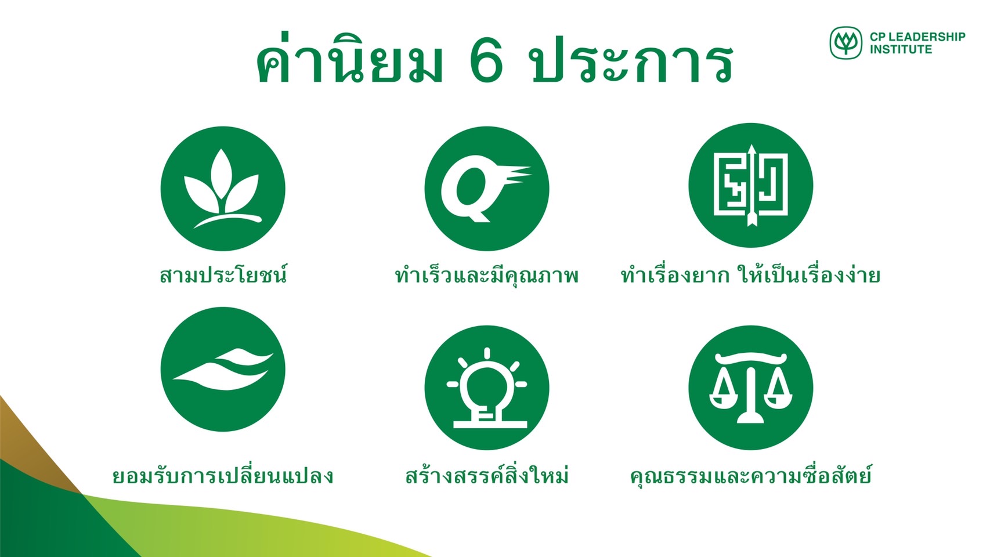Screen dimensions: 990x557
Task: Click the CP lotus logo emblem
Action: (846, 43)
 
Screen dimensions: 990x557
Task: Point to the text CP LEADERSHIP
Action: (917, 37)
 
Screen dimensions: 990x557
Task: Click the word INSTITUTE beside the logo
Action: (901, 49)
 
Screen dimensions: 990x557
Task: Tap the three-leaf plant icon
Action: (223, 189)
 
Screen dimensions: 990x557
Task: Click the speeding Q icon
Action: (487, 189)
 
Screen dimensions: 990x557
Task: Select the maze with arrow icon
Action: (750, 185)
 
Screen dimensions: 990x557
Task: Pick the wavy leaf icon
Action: (223, 369)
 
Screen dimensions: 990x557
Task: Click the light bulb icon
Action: (487, 388)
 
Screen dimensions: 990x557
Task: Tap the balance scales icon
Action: (750, 388)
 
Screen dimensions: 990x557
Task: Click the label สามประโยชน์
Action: (223, 274)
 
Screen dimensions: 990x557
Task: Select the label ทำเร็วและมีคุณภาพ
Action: (487, 275)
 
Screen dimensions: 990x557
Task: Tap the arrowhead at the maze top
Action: (751, 149)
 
